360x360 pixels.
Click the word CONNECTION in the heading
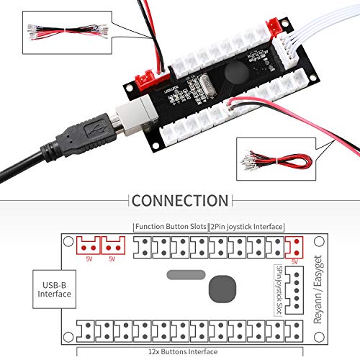click(180, 200)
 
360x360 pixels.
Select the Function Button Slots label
click(171, 226)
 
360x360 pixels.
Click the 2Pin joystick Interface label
click(246, 226)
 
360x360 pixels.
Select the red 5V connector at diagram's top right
click(293, 248)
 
